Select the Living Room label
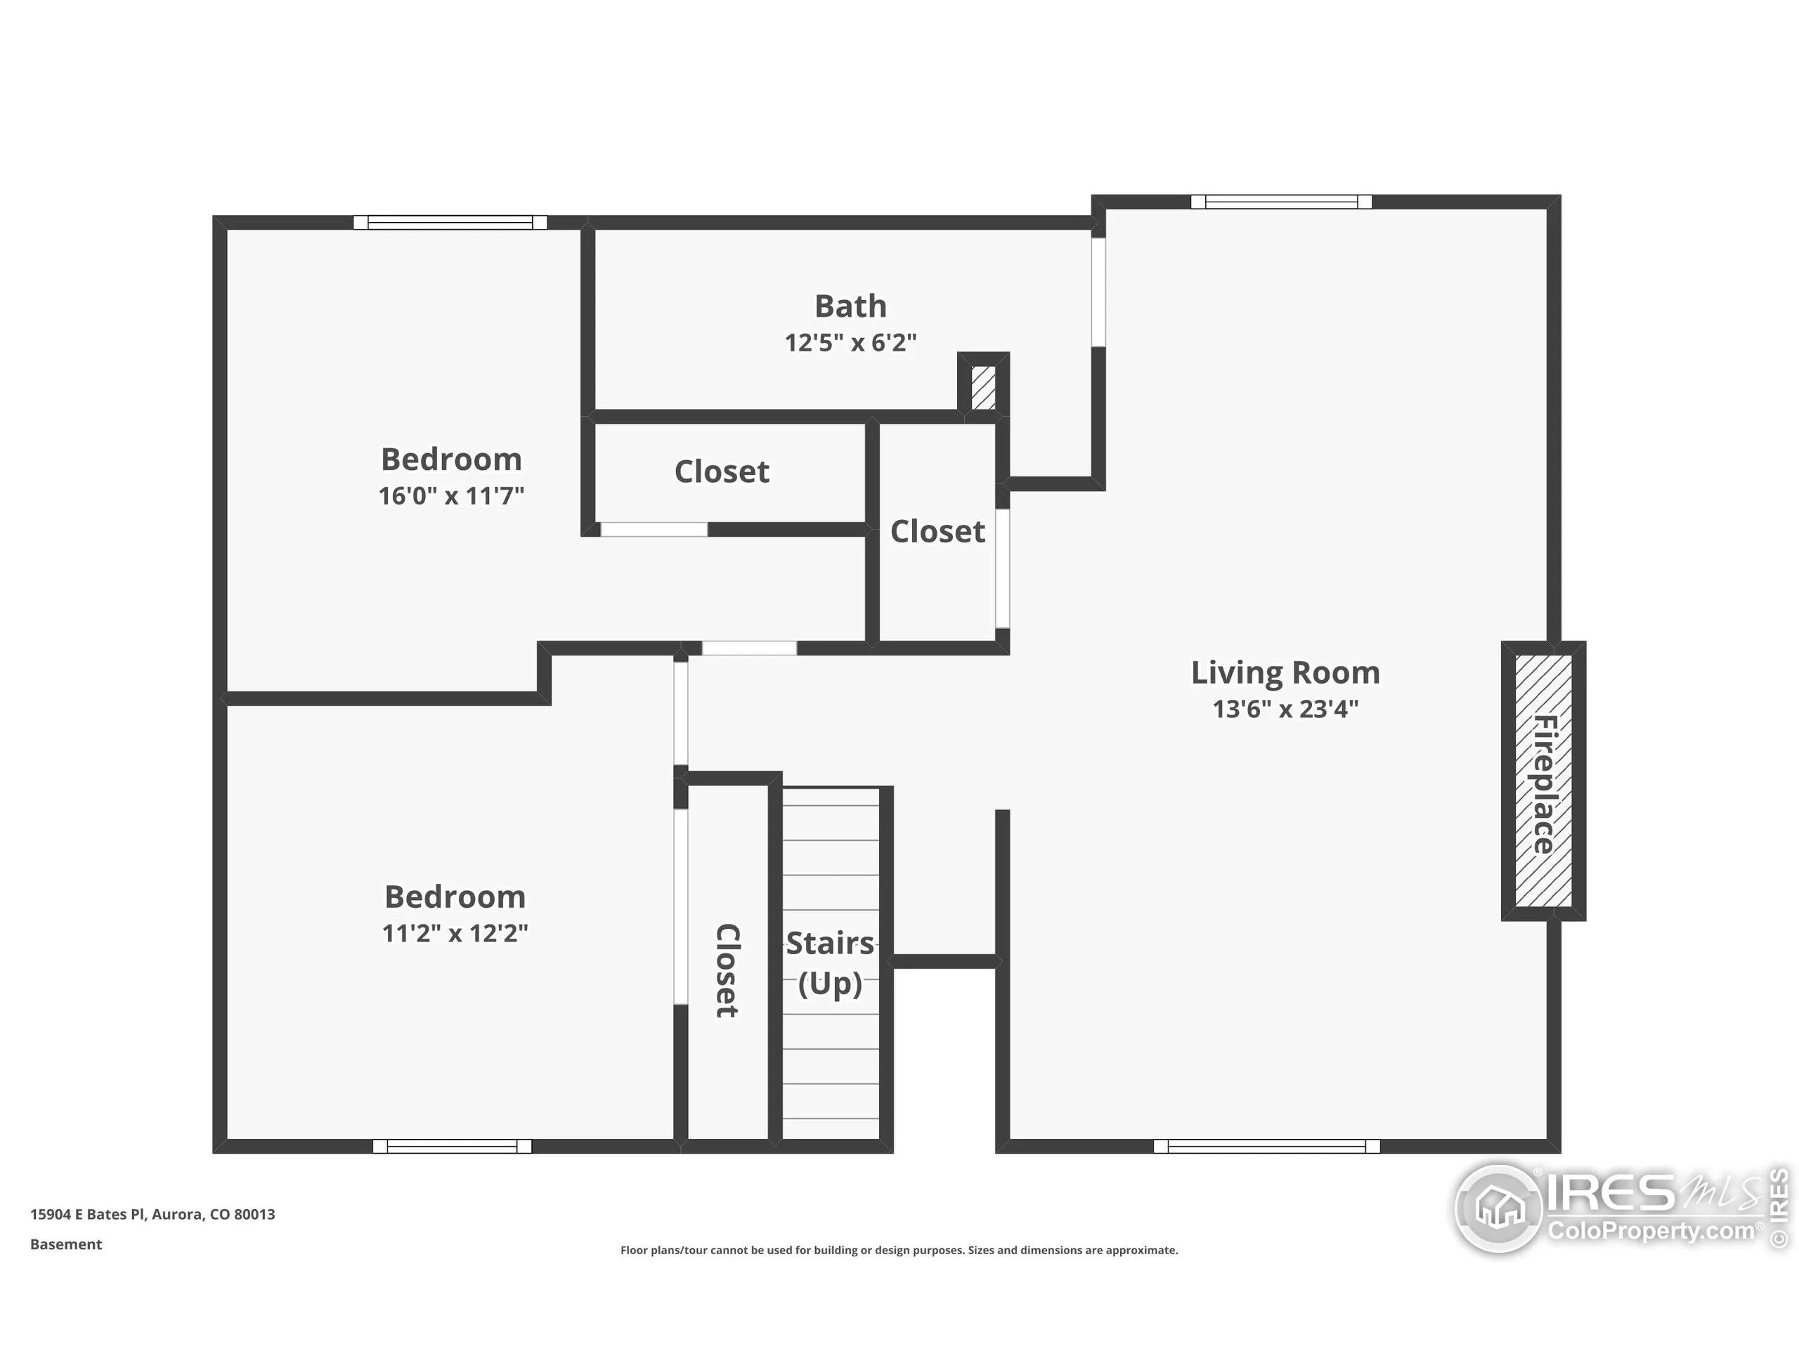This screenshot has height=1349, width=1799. pyautogui.click(x=1285, y=672)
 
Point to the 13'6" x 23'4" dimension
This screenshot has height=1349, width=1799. pyautogui.click(x=1285, y=709)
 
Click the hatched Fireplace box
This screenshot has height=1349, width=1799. pyautogui.click(x=1543, y=781)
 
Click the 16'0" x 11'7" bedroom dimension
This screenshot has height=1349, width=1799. pyautogui.click(x=450, y=496)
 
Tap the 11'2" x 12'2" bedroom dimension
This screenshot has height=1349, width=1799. pyautogui.click(x=455, y=932)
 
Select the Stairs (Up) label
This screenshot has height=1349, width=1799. pyautogui.click(x=829, y=963)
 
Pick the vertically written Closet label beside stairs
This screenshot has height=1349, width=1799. pyautogui.click(x=726, y=970)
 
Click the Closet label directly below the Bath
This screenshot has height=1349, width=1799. pyautogui.click(x=722, y=471)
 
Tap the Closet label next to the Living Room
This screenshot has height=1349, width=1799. pyautogui.click(x=937, y=532)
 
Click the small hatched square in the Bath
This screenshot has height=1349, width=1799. pyautogui.click(x=983, y=388)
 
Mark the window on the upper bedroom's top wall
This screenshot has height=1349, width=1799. pyautogui.click(x=450, y=222)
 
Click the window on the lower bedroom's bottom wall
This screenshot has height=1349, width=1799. pyautogui.click(x=452, y=1147)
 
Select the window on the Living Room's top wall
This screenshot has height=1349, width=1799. pyautogui.click(x=1281, y=202)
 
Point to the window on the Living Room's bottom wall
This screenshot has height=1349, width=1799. pyautogui.click(x=1266, y=1147)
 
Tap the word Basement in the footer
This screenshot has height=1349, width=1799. pyautogui.click(x=66, y=1244)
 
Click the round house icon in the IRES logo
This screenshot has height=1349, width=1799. pyautogui.click(x=1499, y=1209)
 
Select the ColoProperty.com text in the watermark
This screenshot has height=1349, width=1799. pyautogui.click(x=1651, y=1230)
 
